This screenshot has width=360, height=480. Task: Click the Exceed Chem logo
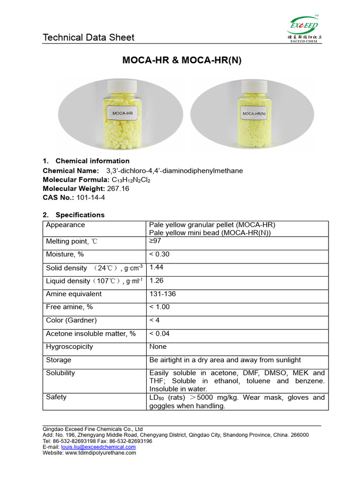click(303, 30)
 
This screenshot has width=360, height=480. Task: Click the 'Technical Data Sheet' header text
click(89, 37)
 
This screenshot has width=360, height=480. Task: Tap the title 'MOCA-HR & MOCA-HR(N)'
click(182, 60)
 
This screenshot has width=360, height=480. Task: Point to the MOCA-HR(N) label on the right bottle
click(254, 114)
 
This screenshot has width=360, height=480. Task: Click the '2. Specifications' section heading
click(74, 215)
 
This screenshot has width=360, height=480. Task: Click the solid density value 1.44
click(157, 267)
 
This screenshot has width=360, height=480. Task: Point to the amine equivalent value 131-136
click(163, 294)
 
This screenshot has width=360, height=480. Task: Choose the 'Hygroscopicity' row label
click(69, 347)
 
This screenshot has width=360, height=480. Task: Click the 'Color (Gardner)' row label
click(71, 321)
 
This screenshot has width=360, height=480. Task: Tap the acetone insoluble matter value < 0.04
click(159, 334)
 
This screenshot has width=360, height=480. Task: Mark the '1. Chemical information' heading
click(86, 161)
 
